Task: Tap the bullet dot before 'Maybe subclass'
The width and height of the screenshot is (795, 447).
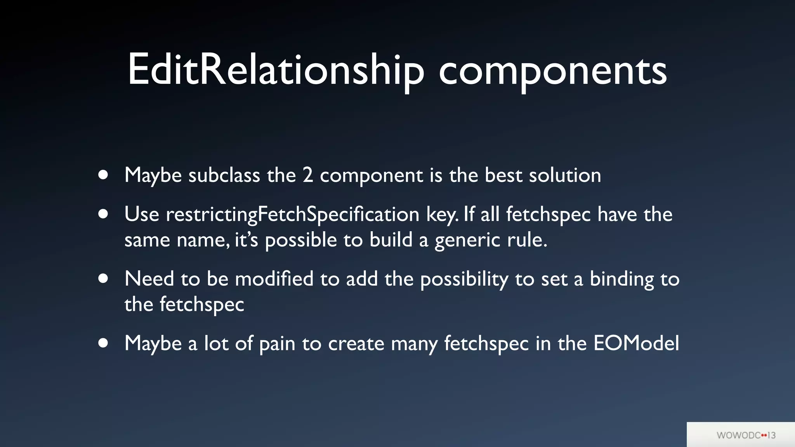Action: (103, 175)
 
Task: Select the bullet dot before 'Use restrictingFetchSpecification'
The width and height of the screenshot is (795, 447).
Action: (103, 214)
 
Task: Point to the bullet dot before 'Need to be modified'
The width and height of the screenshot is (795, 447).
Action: (103, 279)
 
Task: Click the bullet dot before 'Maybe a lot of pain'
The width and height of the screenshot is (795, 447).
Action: (103, 343)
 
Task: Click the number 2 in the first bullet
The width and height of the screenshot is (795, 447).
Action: (307, 175)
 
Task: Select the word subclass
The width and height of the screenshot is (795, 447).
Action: (224, 175)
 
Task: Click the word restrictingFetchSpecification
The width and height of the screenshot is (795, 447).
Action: (292, 215)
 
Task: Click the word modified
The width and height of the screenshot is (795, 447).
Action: (274, 279)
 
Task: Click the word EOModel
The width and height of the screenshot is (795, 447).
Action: (636, 343)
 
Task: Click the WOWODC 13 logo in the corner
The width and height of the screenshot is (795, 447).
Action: (745, 435)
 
